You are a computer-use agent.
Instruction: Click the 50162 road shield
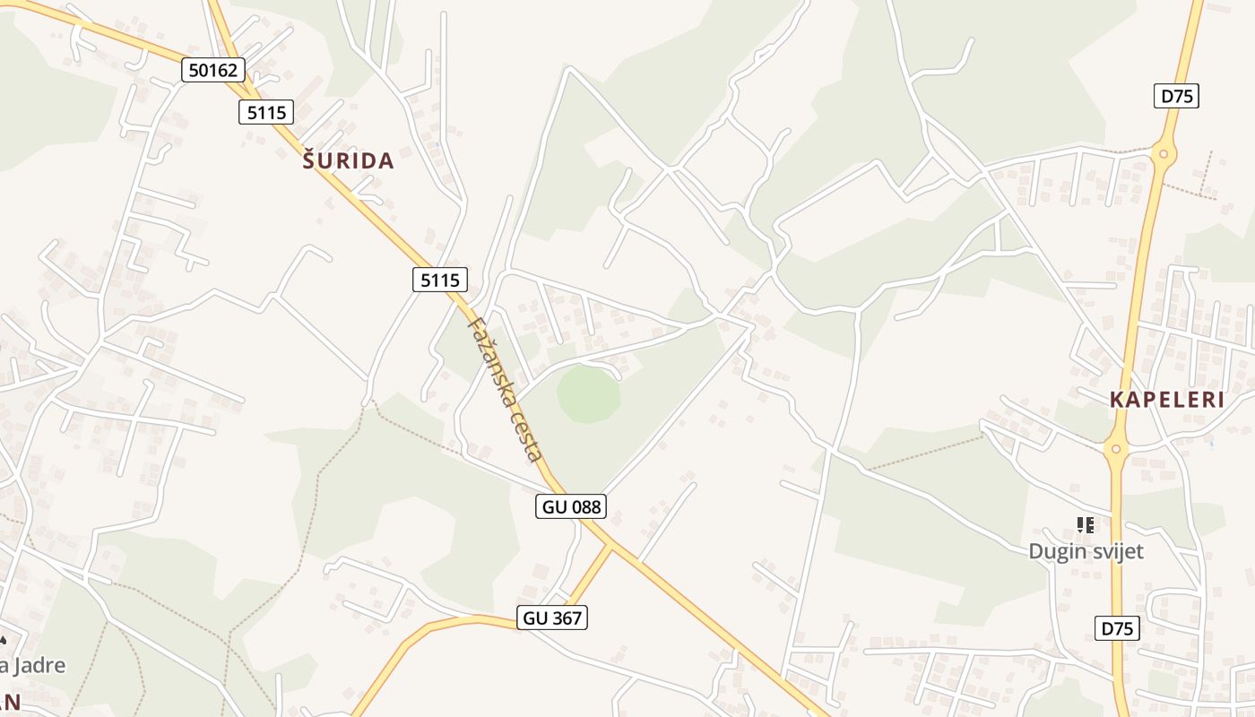[212, 69]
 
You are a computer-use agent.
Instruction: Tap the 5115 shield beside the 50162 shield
[266, 112]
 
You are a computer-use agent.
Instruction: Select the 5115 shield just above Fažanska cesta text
[439, 280]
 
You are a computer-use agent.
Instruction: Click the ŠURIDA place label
[348, 161]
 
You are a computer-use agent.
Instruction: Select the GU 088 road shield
[572, 506]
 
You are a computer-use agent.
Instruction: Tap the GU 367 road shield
[551, 617]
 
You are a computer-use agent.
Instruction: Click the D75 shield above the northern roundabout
[1177, 96]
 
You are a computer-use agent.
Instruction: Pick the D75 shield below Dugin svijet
[1117, 628]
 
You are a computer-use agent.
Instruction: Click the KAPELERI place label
[1167, 400]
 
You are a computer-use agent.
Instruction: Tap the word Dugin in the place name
[1055, 551]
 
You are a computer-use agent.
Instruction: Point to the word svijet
[1114, 551]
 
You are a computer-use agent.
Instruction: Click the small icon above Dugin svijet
[1086, 525]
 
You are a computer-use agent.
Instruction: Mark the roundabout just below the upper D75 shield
[1164, 155]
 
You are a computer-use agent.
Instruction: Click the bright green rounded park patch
[588, 394]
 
